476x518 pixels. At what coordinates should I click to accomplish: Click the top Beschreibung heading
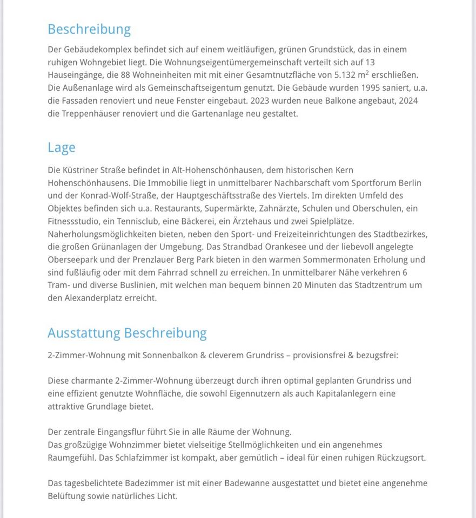89,29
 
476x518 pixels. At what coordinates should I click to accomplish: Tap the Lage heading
62,148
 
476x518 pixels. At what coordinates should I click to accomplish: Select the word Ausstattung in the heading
84,333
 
